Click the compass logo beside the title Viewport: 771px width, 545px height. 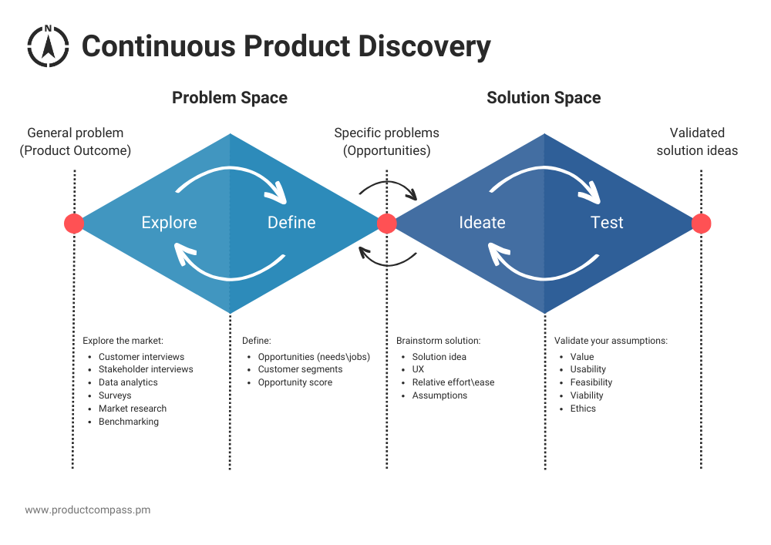coord(48,45)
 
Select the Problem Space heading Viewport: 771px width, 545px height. coord(230,98)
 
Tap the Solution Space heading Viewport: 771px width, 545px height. coord(544,98)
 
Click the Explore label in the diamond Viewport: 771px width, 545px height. coord(169,223)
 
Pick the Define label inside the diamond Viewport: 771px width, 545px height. coord(291,223)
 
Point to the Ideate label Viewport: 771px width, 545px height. coord(482,223)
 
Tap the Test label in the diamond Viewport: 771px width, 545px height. coord(607,223)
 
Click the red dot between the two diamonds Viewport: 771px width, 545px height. coord(387,224)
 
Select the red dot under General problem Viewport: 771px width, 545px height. coord(74,224)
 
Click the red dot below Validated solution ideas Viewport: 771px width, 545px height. coord(701,224)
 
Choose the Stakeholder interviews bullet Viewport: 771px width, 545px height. coord(146,369)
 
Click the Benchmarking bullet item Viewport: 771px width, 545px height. coord(129,422)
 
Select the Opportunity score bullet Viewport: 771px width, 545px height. coord(295,382)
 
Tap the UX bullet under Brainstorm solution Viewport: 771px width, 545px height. coord(419,369)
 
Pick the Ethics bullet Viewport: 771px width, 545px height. coord(583,409)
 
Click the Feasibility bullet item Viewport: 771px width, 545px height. coord(591,382)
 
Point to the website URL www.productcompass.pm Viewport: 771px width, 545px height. coord(87,510)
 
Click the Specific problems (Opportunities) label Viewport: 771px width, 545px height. coord(387,142)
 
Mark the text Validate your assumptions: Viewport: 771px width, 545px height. coord(611,340)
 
